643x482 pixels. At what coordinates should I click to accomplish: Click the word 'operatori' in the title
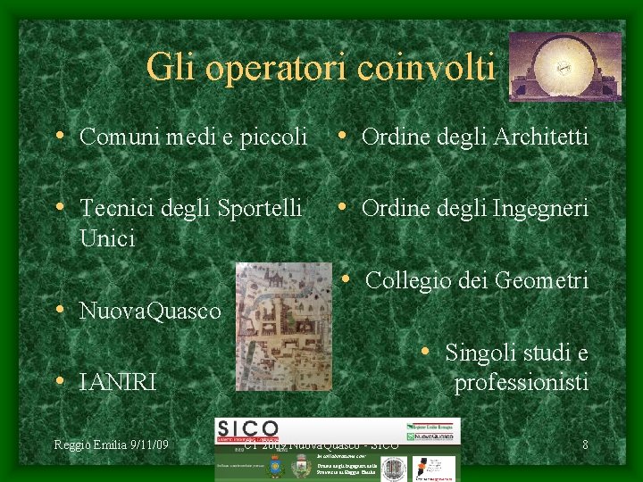pyautogui.click(x=269, y=67)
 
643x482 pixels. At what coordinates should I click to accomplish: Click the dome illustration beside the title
pyautogui.click(x=564, y=68)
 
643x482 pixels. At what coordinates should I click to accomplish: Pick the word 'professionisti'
pyautogui.click(x=522, y=383)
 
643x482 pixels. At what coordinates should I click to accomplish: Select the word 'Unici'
pyautogui.click(x=107, y=238)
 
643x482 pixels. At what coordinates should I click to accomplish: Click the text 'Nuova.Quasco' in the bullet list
pyautogui.click(x=150, y=311)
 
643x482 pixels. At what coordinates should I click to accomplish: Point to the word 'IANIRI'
pyautogui.click(x=118, y=382)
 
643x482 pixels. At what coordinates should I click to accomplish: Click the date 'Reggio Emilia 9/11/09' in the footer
pyautogui.click(x=112, y=444)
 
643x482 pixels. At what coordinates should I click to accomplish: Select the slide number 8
pyautogui.click(x=584, y=444)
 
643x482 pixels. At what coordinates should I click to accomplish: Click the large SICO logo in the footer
pyautogui.click(x=247, y=429)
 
